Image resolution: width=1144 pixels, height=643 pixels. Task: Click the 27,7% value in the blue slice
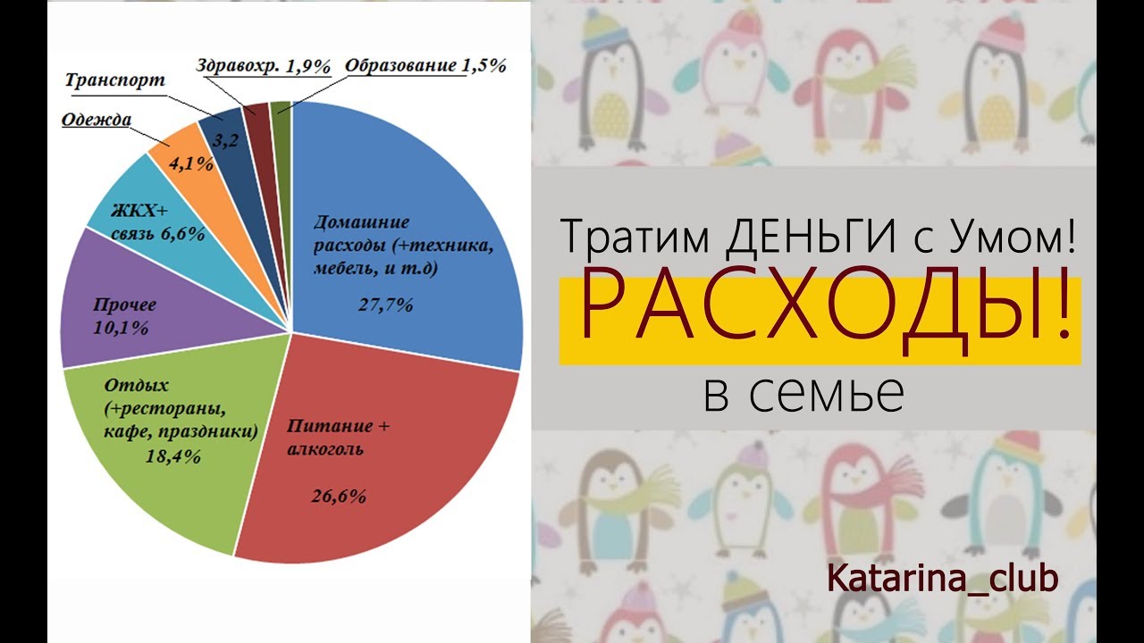pyautogui.click(x=385, y=305)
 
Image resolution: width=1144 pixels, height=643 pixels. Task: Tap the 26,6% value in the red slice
pyautogui.click(x=339, y=496)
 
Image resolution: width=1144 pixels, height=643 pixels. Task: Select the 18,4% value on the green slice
pyautogui.click(x=173, y=455)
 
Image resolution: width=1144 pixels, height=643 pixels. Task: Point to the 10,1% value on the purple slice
pyautogui.click(x=121, y=328)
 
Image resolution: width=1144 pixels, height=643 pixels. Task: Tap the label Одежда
pyautogui.click(x=97, y=120)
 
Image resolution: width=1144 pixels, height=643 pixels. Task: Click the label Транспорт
pyautogui.click(x=115, y=80)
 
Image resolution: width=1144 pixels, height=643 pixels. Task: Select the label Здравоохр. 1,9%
pyautogui.click(x=264, y=66)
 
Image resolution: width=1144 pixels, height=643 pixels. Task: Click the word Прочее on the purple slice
pyautogui.click(x=124, y=305)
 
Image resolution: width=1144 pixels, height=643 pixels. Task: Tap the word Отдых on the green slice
pyautogui.click(x=137, y=385)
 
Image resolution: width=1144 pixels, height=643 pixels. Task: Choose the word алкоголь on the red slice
pyautogui.click(x=325, y=449)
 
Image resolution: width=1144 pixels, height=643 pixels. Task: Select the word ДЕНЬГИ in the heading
pyautogui.click(x=811, y=236)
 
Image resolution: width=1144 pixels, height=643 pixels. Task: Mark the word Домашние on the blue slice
pyautogui.click(x=362, y=222)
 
